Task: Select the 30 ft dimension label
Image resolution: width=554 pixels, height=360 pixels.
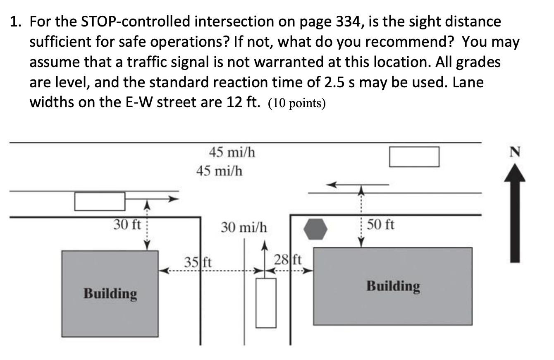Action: point(127,225)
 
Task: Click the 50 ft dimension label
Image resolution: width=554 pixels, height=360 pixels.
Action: point(380,225)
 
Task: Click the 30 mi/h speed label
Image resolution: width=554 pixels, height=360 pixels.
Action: point(244,227)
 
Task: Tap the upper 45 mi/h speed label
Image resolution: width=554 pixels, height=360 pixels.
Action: point(232,153)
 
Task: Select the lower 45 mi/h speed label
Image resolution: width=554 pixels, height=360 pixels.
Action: point(219,170)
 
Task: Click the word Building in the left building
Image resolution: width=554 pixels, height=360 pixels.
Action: point(110,294)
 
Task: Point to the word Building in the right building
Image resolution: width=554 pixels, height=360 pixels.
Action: point(393,286)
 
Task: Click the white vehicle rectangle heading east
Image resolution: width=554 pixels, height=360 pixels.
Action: point(100,201)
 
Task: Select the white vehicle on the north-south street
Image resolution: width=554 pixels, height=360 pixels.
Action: point(266,302)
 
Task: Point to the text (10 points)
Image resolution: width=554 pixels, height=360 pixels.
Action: point(297,103)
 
